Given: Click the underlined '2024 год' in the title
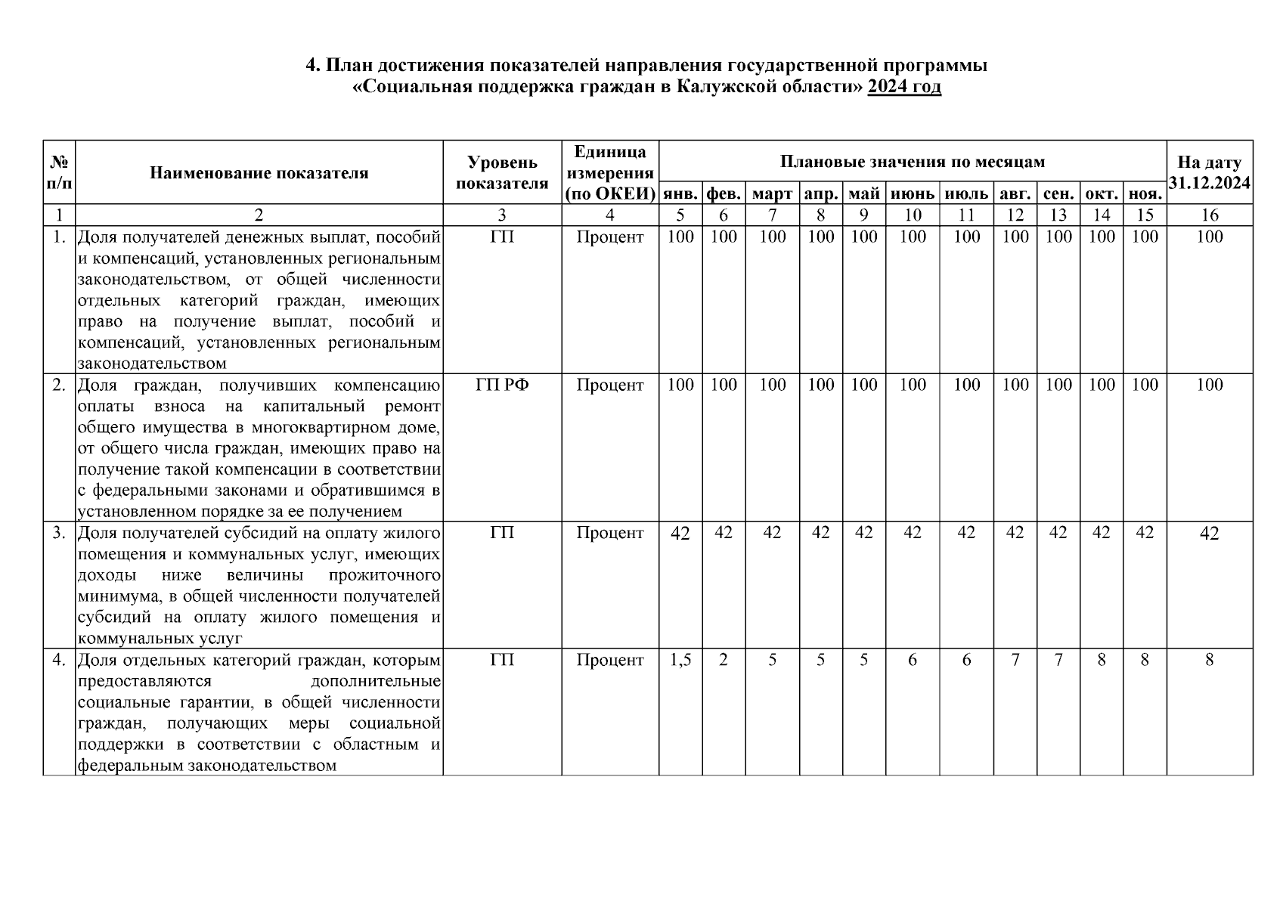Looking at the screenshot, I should pos(904,87).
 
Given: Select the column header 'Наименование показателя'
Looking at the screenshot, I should pos(259,173).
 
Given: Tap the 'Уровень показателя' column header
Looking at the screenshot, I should pos(502,173).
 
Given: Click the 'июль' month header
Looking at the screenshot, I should pos(966,193).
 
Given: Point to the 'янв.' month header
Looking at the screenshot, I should pos(680,193).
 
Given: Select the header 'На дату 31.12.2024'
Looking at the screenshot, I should pos(1210,173).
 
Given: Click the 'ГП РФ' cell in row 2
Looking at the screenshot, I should pos(502,385).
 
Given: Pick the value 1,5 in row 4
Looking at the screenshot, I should pos(680,660).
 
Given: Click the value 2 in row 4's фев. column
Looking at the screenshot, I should pos(724,660).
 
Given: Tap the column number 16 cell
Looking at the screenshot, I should pos(1210,215).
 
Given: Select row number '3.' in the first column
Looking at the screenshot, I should pos(59,533).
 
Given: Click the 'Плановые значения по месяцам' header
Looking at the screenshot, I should pos(913,162).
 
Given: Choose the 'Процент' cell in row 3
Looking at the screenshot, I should pos(610,533).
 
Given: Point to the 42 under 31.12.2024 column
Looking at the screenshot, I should pos(1210,534).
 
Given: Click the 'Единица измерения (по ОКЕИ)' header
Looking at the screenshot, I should pos(610,173).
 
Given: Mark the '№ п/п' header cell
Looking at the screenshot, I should pos(59,173).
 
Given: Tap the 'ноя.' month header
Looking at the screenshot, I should pos(1145,193).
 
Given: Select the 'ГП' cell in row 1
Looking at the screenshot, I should pos(502,237).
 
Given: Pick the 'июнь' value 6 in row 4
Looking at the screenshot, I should pos(913,660).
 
